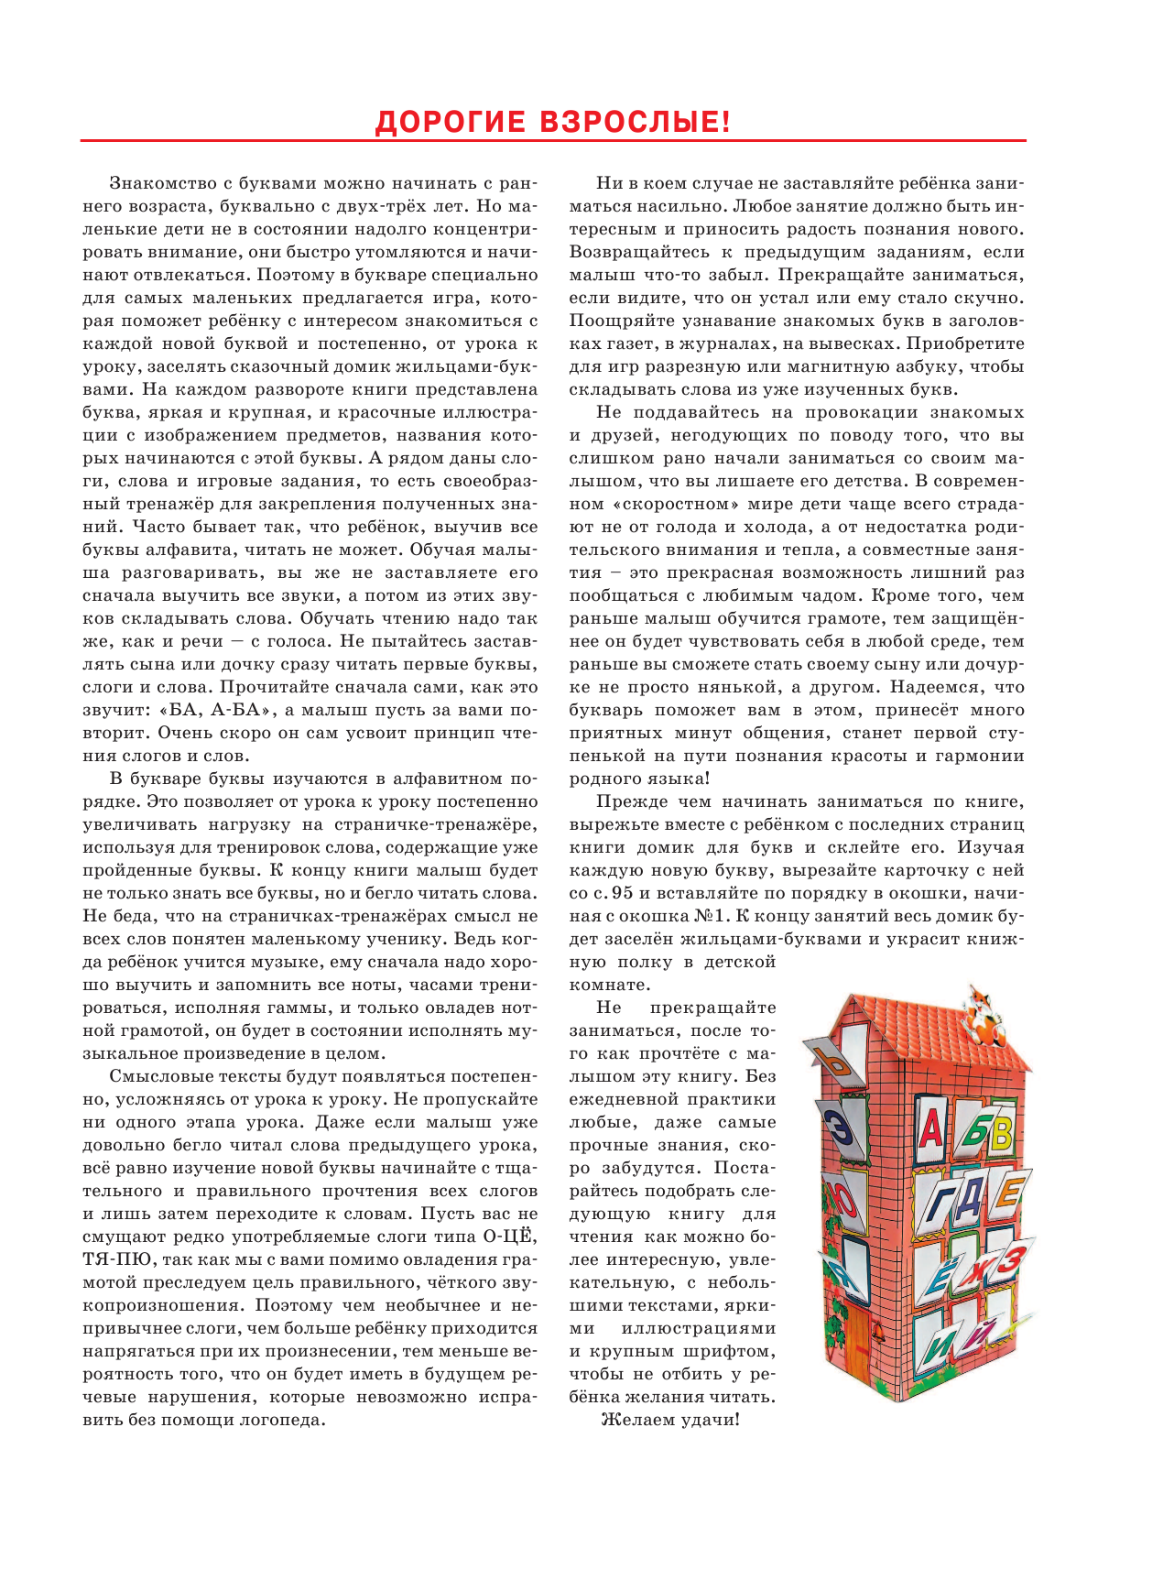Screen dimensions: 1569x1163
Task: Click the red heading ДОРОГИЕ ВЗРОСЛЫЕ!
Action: [x=553, y=121]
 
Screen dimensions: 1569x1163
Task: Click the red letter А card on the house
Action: [x=929, y=1128]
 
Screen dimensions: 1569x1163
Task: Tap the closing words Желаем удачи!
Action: [x=669, y=1420]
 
